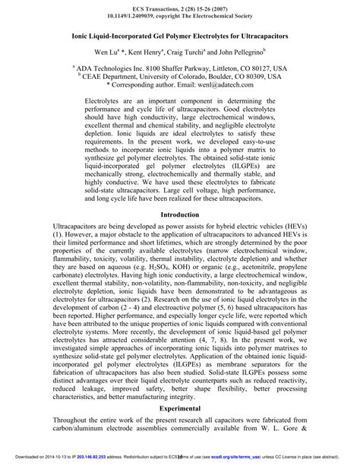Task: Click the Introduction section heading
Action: coord(180,215)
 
